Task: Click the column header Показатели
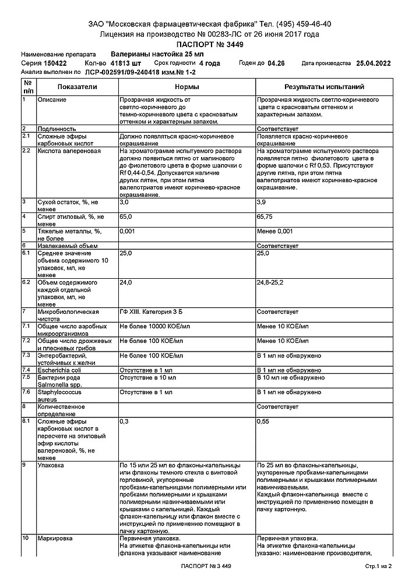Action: (78, 87)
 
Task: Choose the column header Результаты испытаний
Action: (324, 87)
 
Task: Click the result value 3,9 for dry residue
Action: (262, 201)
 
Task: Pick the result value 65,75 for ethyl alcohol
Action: (265, 217)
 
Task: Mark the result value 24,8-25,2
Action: (270, 282)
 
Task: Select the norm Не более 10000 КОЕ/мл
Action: (154, 327)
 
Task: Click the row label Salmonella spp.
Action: (61, 384)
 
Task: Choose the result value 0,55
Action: (263, 420)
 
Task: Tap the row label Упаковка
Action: (51, 465)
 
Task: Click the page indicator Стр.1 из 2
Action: (378, 566)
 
